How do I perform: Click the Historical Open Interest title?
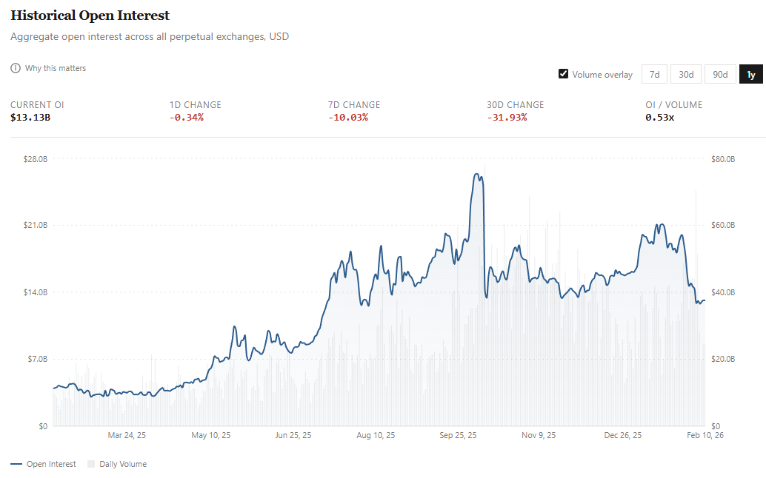(x=90, y=16)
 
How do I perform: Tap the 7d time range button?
(x=654, y=74)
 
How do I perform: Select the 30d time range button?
(x=686, y=74)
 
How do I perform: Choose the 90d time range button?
(x=720, y=74)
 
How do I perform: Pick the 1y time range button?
(x=750, y=74)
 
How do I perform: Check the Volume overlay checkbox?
(x=564, y=74)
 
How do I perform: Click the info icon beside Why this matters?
(x=16, y=68)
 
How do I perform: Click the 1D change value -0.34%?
(x=186, y=117)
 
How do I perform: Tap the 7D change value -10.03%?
(x=347, y=117)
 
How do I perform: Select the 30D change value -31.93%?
(x=507, y=117)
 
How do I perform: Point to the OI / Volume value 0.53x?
(x=659, y=117)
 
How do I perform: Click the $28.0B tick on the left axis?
(x=36, y=159)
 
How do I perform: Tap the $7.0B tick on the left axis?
(x=37, y=359)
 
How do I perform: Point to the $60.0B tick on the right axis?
(x=722, y=225)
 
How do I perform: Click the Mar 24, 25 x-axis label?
(x=127, y=435)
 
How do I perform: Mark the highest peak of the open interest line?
(x=478, y=175)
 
